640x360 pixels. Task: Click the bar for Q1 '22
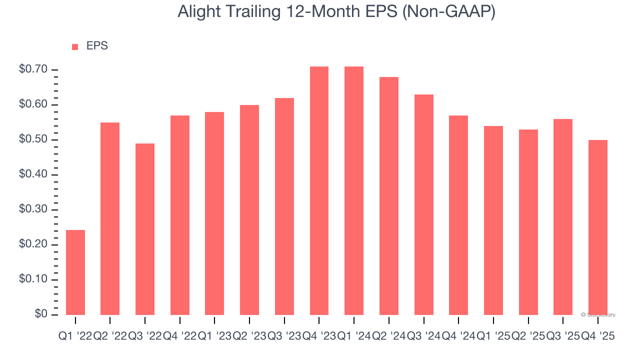[x=75, y=272]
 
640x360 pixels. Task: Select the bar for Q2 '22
[x=110, y=218]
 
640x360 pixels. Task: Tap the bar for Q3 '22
[x=145, y=229]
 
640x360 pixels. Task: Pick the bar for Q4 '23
[x=319, y=190]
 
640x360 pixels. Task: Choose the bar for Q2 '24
[x=389, y=196]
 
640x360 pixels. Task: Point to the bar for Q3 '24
[x=423, y=204]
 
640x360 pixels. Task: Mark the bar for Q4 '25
[x=598, y=227]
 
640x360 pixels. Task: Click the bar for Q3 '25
[x=563, y=217]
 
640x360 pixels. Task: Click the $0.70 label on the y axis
[x=33, y=69]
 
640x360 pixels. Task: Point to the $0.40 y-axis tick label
[x=33, y=174]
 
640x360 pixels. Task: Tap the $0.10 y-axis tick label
[x=33, y=279]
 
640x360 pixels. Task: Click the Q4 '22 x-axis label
[x=179, y=336]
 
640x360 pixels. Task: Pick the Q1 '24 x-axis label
[x=354, y=336]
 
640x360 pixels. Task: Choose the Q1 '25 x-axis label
[x=493, y=336]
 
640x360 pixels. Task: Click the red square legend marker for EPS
[x=75, y=46]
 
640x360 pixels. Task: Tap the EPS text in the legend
[x=97, y=46]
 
